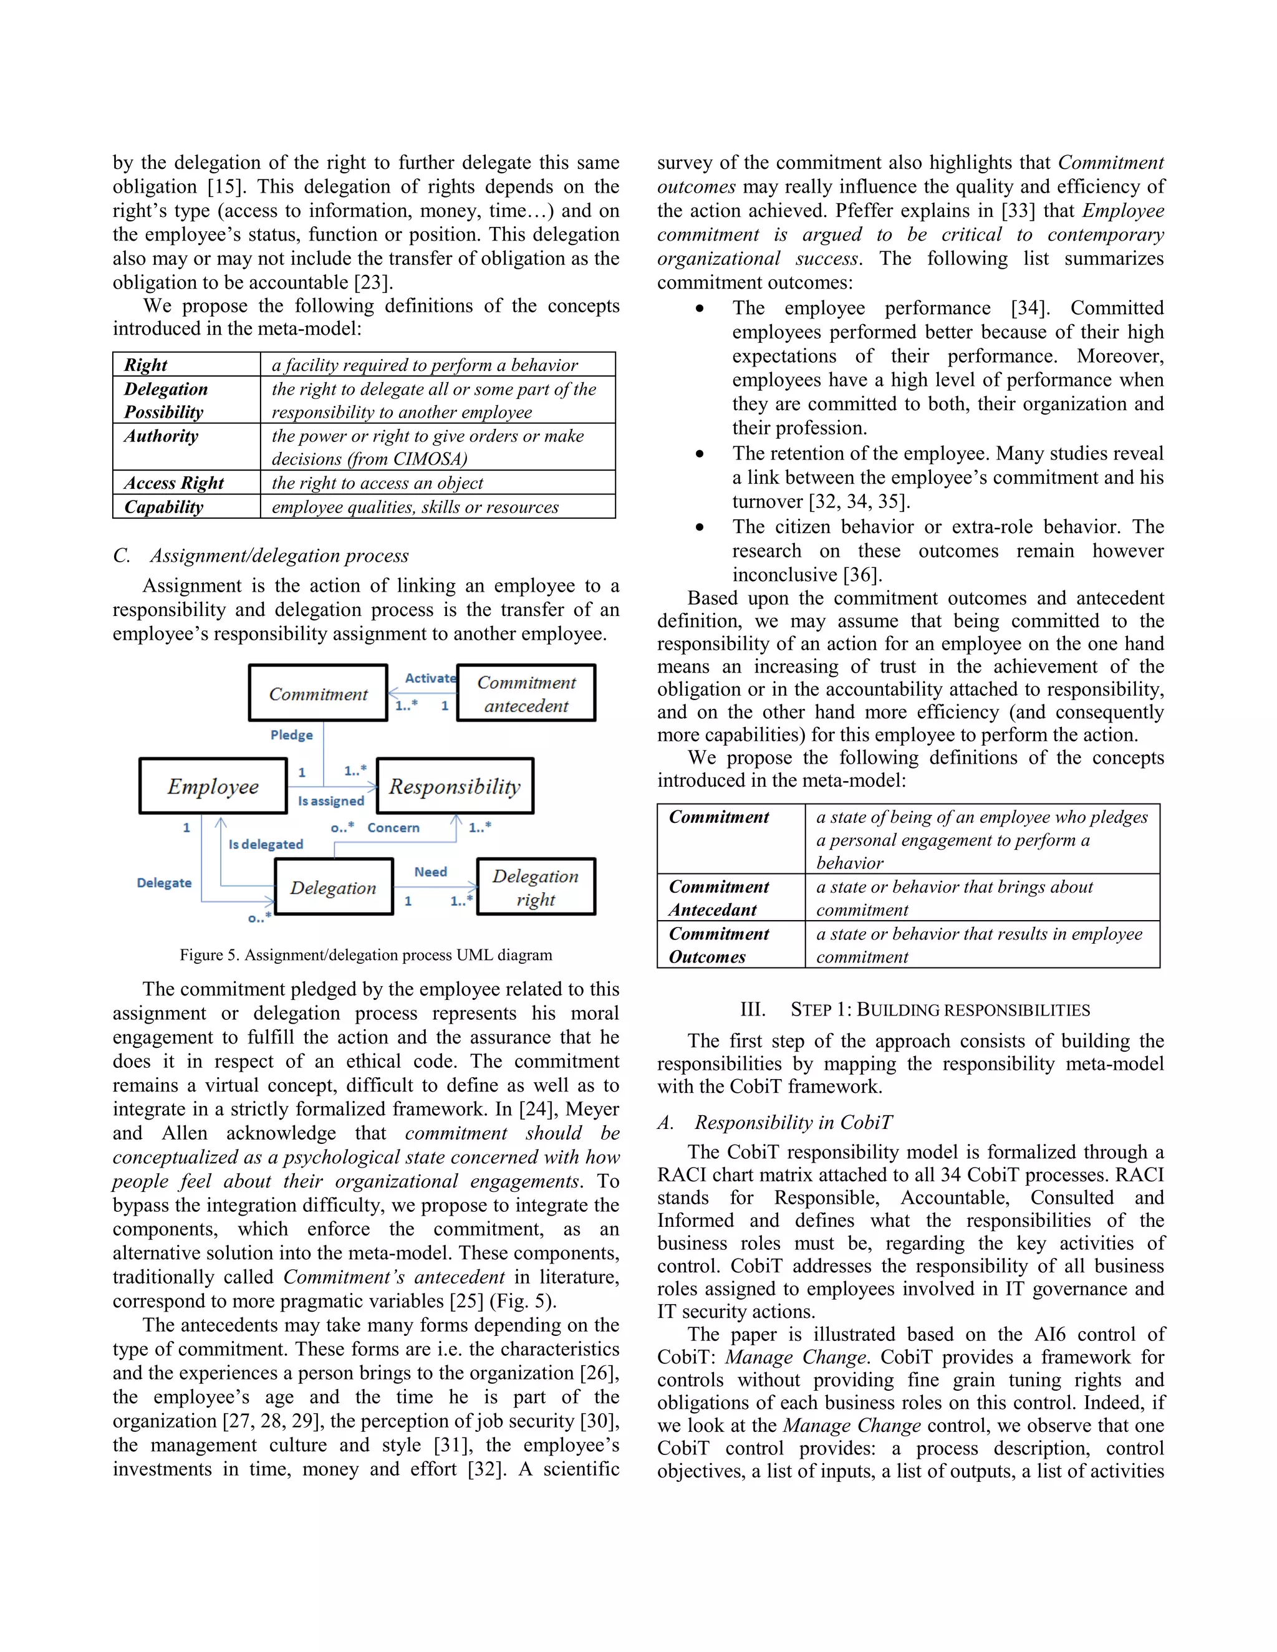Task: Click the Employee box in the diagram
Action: pyautogui.click(x=213, y=786)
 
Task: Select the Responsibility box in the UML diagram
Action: pyautogui.click(x=455, y=786)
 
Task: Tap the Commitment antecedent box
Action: pyautogui.click(x=526, y=693)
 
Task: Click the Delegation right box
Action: pyautogui.click(x=536, y=886)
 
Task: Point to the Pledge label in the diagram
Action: pyautogui.click(x=291, y=734)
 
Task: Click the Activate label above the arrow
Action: pyautogui.click(x=430, y=678)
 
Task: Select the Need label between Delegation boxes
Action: pyautogui.click(x=430, y=872)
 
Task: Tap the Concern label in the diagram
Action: pyautogui.click(x=393, y=827)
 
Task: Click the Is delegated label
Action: pyautogui.click(x=266, y=844)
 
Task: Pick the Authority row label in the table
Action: pyautogui.click(x=161, y=436)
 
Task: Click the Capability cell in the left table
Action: pyautogui.click(x=163, y=507)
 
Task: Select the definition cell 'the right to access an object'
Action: pyautogui.click(x=377, y=483)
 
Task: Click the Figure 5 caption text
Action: pyautogui.click(x=365, y=954)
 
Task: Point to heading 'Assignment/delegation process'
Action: pyautogui.click(x=278, y=555)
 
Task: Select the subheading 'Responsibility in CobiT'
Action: pyautogui.click(x=793, y=1123)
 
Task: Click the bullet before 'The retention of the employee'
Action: pyautogui.click(x=700, y=454)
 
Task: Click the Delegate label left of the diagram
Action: pyautogui.click(x=164, y=883)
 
